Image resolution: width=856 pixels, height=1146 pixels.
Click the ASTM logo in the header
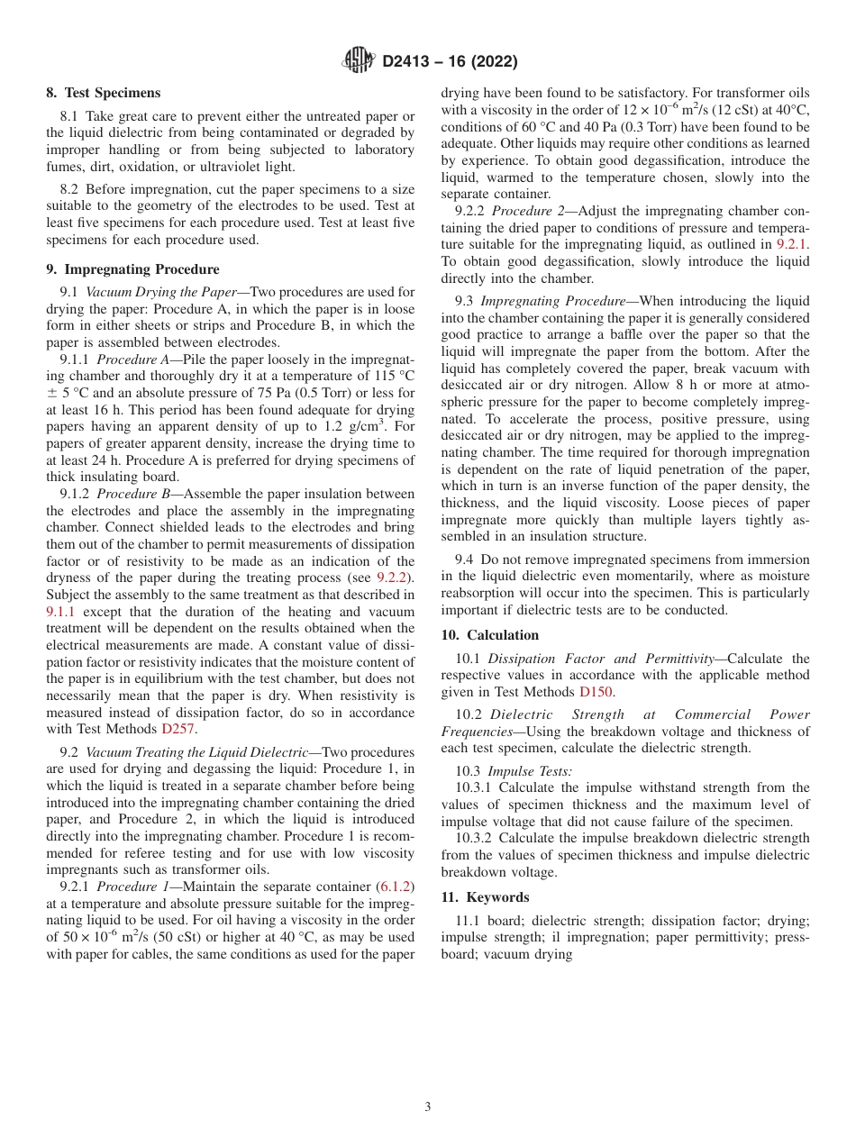pyautogui.click(x=358, y=60)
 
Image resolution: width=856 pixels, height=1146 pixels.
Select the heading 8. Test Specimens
pyautogui.click(x=104, y=93)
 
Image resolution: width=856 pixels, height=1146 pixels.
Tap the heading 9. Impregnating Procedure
pyautogui.click(x=132, y=268)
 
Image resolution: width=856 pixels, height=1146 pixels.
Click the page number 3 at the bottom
pyautogui.click(x=428, y=1107)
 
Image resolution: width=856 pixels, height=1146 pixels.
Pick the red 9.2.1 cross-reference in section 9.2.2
pyautogui.click(x=792, y=244)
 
